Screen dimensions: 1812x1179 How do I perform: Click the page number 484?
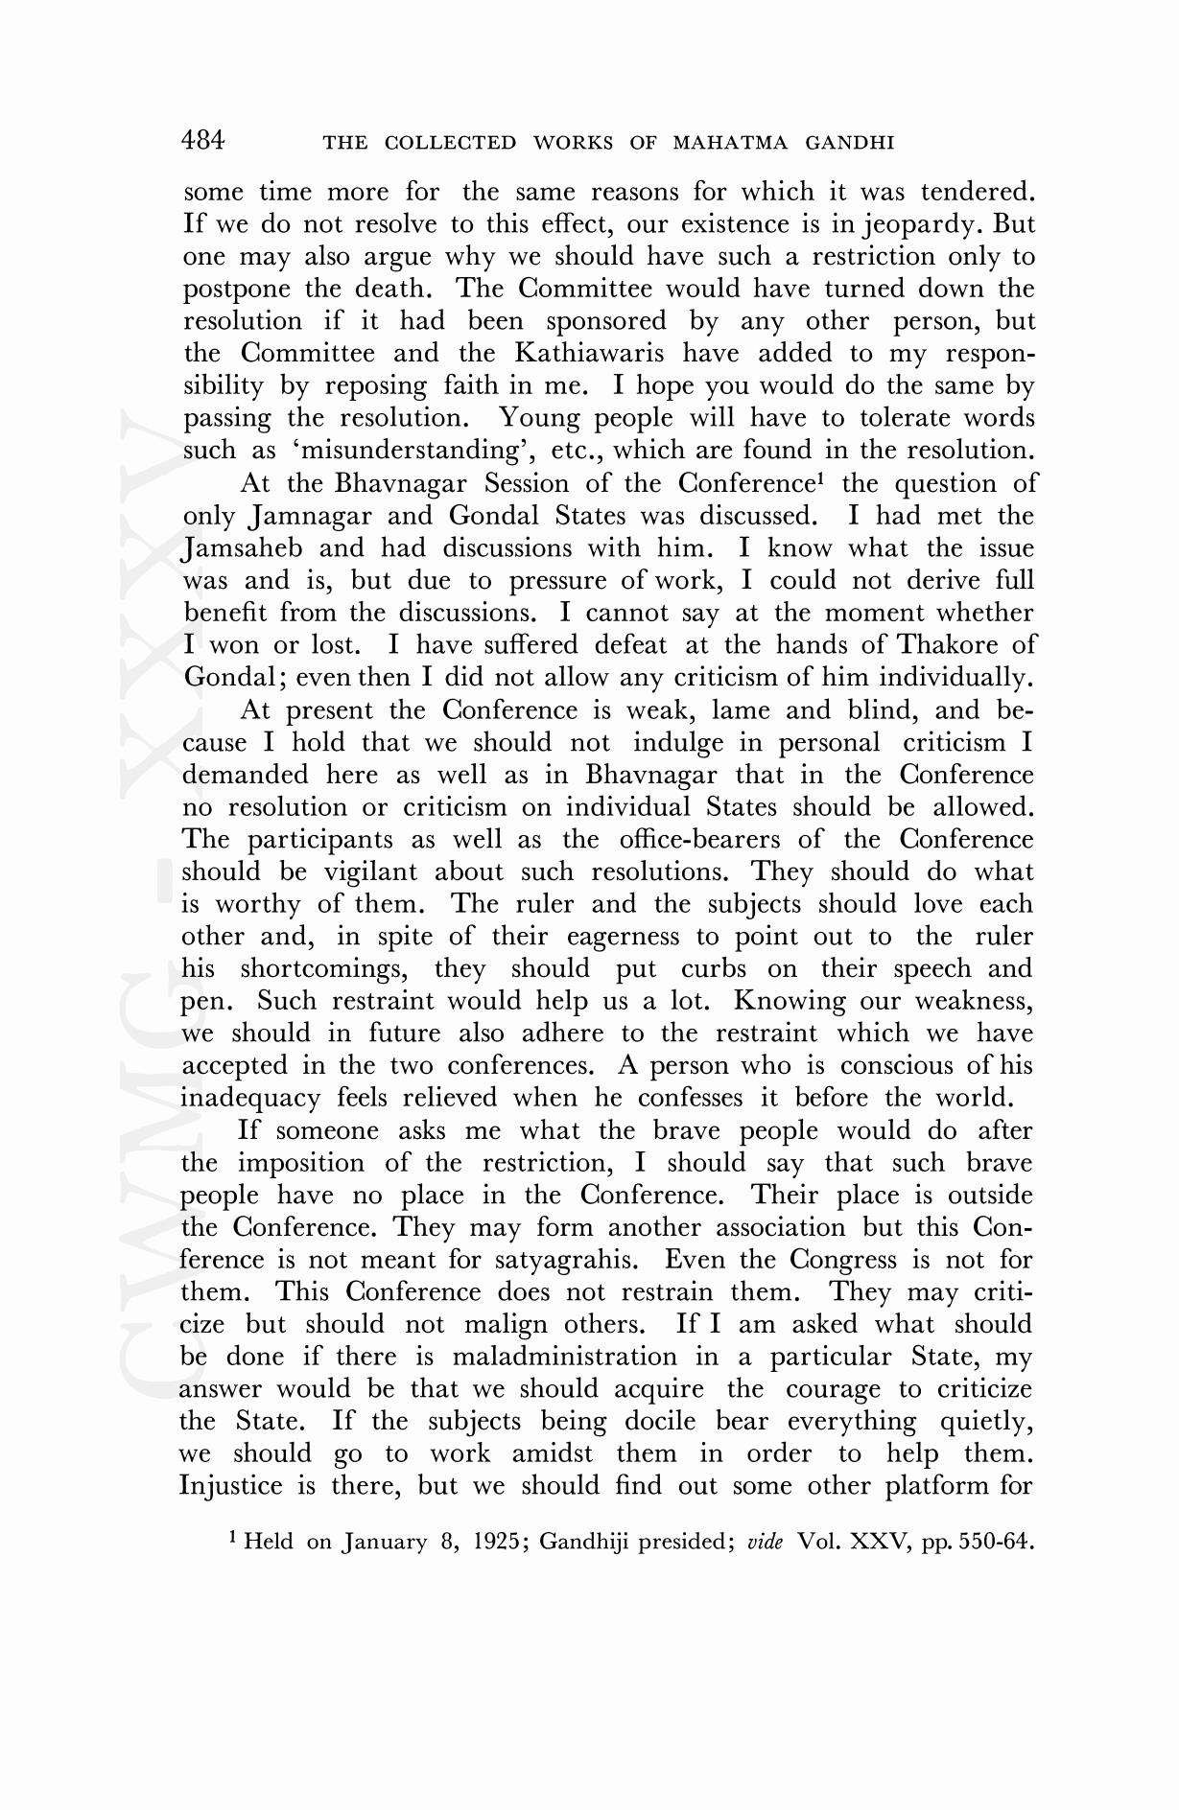point(202,141)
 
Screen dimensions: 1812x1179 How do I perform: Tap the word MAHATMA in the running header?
point(732,144)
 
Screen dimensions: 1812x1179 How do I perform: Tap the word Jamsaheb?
point(243,548)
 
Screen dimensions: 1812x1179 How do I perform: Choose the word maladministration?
point(564,1358)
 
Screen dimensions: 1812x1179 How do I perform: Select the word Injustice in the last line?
point(231,1487)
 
